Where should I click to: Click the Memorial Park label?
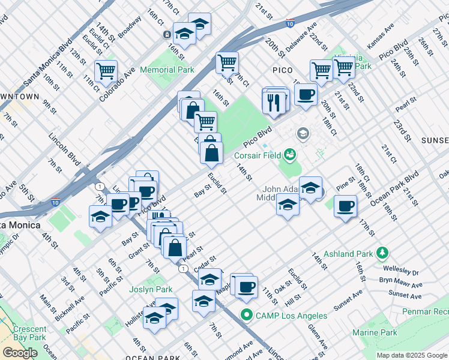[167, 70]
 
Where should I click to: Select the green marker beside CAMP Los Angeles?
[246, 315]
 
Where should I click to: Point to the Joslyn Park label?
[151, 289]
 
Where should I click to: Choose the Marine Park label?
[375, 332]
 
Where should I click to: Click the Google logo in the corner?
[20, 353]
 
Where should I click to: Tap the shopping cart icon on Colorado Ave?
[106, 71]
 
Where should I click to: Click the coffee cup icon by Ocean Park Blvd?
[345, 208]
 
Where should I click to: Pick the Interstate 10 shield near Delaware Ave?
[290, 24]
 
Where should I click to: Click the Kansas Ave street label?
[381, 37]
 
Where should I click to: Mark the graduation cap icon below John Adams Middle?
[288, 207]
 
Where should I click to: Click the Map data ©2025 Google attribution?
[412, 355]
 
